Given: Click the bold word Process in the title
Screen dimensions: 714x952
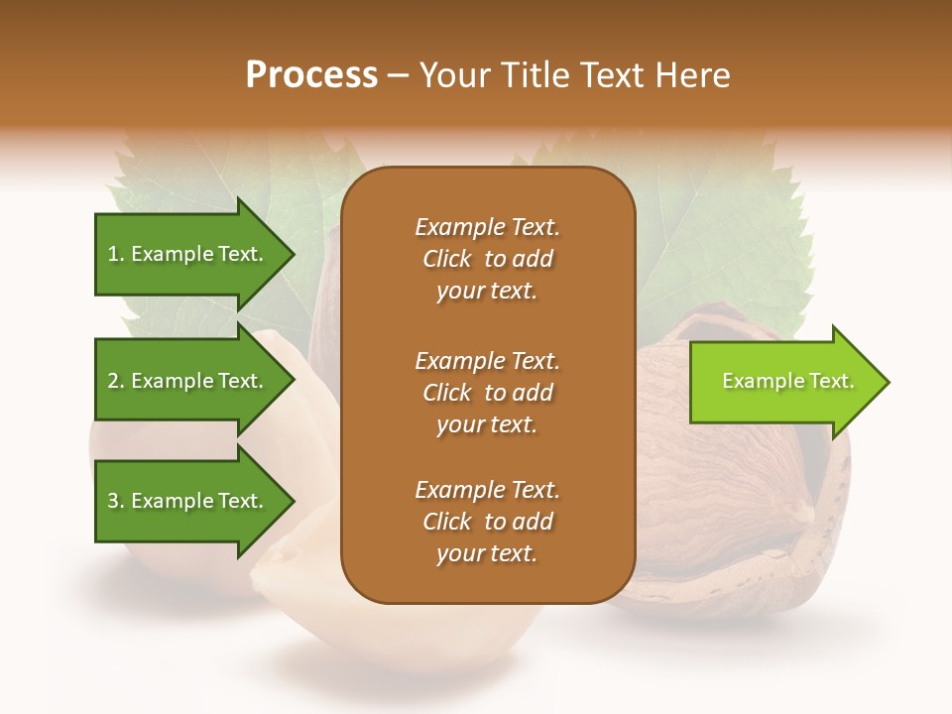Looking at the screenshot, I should [x=311, y=75].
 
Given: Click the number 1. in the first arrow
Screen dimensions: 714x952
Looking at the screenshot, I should [x=116, y=255].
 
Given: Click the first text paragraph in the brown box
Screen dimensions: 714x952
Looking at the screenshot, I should [x=487, y=259].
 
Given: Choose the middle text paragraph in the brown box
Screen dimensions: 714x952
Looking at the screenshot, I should [x=487, y=392].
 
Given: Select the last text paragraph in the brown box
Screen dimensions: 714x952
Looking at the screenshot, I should [x=487, y=522].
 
